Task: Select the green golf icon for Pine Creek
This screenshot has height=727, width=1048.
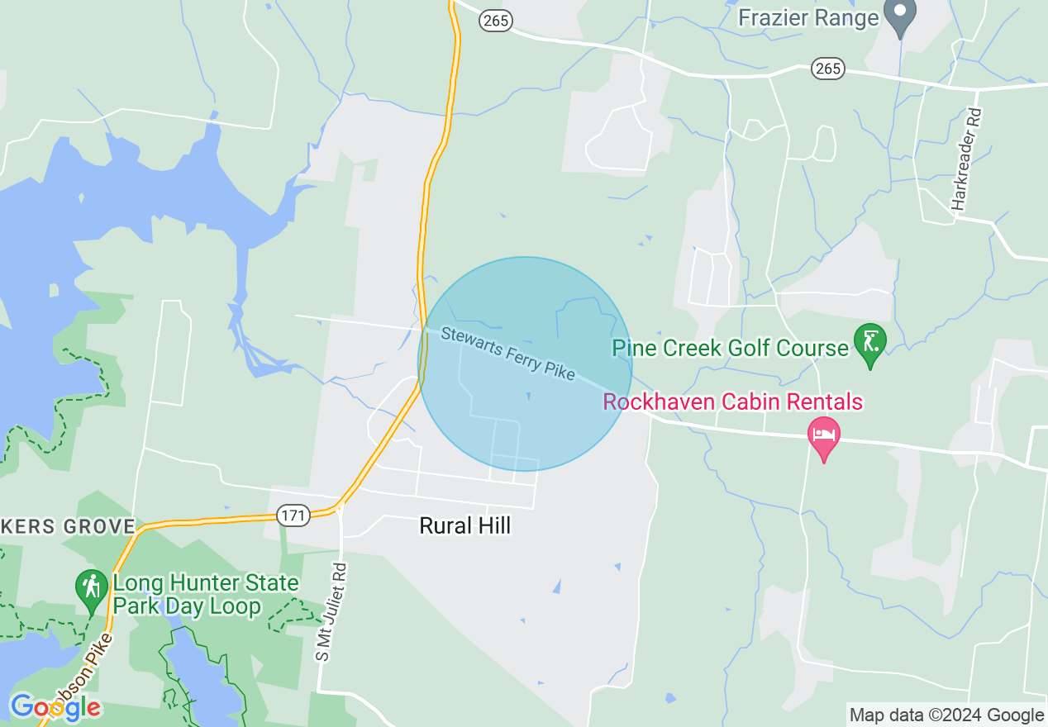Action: [x=870, y=344]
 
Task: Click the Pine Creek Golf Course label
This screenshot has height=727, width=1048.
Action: [x=730, y=348]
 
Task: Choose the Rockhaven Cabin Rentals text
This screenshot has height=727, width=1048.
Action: [x=733, y=402]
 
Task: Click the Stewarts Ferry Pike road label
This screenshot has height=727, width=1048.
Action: [x=507, y=353]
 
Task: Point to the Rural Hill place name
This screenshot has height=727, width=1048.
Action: [x=465, y=525]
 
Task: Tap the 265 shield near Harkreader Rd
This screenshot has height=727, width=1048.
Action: [x=827, y=68]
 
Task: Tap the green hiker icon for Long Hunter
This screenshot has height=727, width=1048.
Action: [x=90, y=588]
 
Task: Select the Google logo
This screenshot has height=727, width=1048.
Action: [x=55, y=707]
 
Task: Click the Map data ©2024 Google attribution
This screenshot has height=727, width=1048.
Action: [x=947, y=715]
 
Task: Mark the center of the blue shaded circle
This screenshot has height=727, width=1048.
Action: [x=525, y=364]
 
